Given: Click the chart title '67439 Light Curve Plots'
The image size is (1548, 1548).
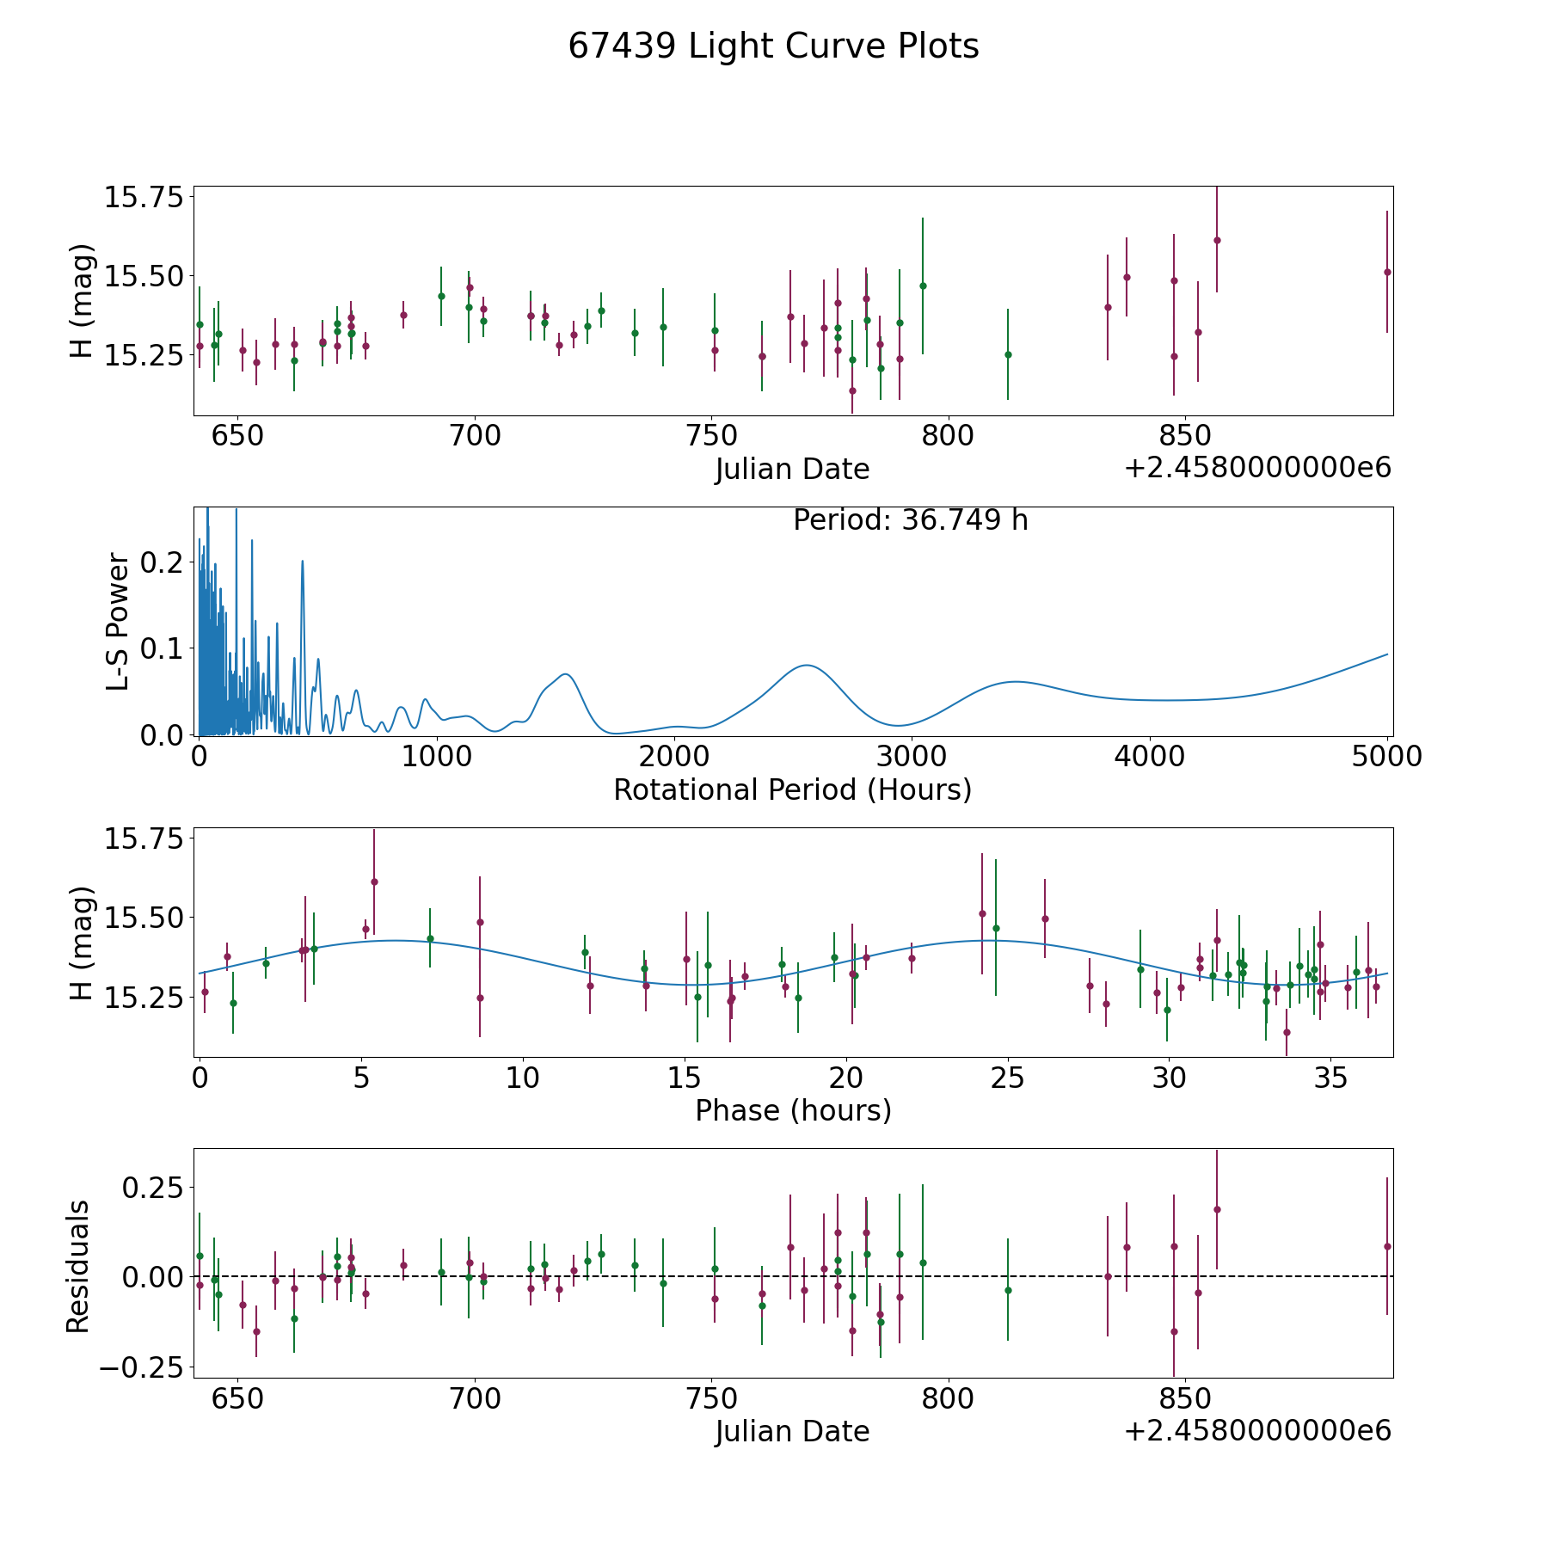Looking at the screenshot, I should tap(773, 46).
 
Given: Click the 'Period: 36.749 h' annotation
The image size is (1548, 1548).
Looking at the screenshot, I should tap(910, 520).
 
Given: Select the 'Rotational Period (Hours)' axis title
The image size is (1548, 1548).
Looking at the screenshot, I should tap(792, 789).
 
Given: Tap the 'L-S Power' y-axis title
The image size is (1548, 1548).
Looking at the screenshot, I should tap(119, 622).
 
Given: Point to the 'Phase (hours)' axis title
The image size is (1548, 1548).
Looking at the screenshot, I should tap(792, 1110).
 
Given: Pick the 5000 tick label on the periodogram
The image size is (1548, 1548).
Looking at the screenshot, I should tap(1386, 756).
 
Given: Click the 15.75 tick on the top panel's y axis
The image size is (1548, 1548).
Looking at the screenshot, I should tap(144, 198).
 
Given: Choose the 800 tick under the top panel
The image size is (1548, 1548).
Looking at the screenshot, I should tap(948, 435).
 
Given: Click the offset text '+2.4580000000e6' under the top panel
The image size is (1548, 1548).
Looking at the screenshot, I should tap(1257, 469).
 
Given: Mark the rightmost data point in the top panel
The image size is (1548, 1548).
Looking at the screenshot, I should tap(1386, 272).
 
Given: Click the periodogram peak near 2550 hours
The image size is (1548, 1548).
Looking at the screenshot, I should tap(806, 665).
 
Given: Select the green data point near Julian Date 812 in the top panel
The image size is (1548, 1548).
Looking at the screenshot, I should tap(1008, 354).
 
